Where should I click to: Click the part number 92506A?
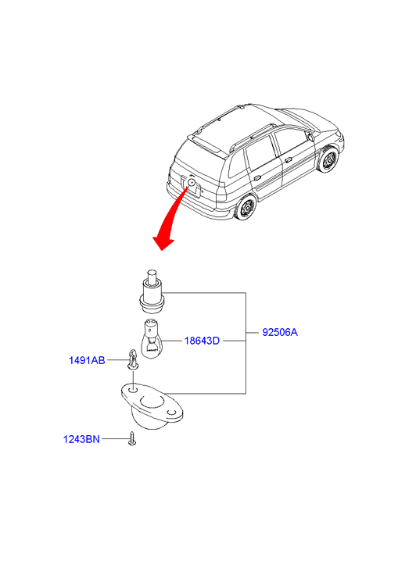[x=280, y=332]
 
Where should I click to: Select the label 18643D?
[x=202, y=341]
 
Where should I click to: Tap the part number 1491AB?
[x=87, y=360]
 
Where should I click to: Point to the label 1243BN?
[x=81, y=439]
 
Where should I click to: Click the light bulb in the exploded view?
[x=151, y=338]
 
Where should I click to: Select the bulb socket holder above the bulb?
[x=152, y=291]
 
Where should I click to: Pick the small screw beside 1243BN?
[x=132, y=438]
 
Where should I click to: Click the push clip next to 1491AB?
[x=133, y=359]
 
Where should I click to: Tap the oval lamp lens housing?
[x=152, y=407]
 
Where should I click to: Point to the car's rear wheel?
[x=246, y=207]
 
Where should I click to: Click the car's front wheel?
[x=328, y=159]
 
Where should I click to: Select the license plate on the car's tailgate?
[x=192, y=186]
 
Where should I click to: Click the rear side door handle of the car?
[x=257, y=178]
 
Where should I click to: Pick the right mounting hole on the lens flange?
[x=171, y=413]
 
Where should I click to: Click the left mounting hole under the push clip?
[x=134, y=390]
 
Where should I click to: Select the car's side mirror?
[x=310, y=136]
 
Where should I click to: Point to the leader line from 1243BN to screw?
[x=115, y=438]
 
